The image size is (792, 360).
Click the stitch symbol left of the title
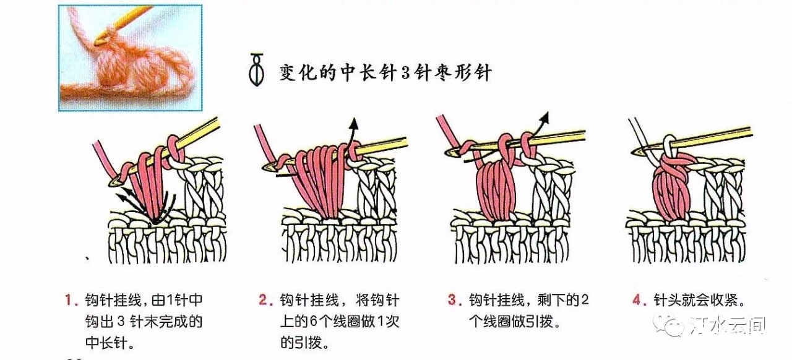(257, 70)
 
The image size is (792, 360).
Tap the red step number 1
(69, 300)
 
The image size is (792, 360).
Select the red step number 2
(264, 300)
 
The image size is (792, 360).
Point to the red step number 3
(452, 300)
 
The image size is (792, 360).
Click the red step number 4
(637, 300)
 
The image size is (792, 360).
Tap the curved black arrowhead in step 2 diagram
(353, 124)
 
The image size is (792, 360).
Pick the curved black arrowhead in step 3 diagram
(545, 118)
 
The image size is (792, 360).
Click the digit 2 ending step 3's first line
(585, 300)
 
